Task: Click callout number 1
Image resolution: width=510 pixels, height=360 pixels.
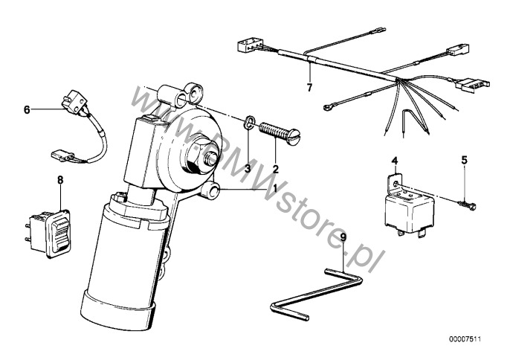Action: [x=274, y=188]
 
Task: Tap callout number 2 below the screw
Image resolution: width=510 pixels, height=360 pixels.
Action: [x=276, y=169]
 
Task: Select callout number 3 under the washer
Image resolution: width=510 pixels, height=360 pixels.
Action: [x=248, y=169]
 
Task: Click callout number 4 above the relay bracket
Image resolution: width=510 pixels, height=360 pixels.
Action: [x=395, y=160]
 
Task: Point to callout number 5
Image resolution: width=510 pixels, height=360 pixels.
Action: [x=465, y=160]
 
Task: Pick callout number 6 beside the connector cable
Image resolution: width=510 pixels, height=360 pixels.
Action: [x=27, y=109]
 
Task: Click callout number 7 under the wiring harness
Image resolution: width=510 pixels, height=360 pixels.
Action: [x=309, y=87]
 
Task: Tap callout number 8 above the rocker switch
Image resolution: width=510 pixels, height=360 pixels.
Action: [x=60, y=180]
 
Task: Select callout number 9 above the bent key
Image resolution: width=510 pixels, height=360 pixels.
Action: [x=343, y=237]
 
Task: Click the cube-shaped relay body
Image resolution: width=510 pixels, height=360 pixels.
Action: [x=410, y=211]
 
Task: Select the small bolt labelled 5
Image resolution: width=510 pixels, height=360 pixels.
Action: [x=468, y=205]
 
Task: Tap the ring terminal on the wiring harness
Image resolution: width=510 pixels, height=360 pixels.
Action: [x=327, y=106]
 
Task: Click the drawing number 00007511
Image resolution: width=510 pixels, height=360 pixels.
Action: [x=465, y=339]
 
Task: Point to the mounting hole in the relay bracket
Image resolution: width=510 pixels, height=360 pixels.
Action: [x=395, y=184]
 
